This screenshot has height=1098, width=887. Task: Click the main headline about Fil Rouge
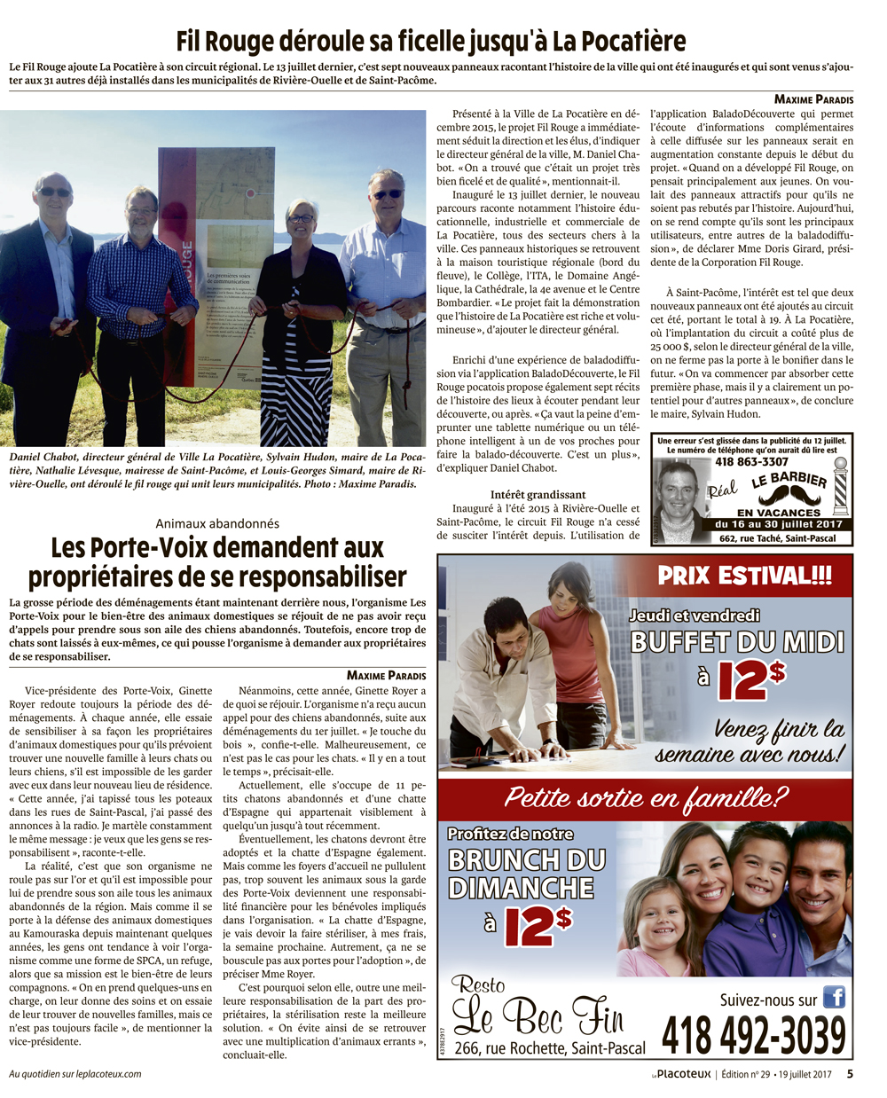(x=431, y=41)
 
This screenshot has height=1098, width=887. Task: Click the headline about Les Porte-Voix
(x=217, y=561)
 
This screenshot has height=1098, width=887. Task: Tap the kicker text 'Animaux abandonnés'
(x=217, y=524)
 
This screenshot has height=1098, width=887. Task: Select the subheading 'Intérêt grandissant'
(x=538, y=494)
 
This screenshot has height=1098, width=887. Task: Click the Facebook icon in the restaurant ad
(x=834, y=997)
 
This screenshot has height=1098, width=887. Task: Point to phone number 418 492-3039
(x=753, y=1035)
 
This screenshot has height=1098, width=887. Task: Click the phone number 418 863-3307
(x=751, y=461)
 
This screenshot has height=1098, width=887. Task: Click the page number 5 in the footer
(x=850, y=1074)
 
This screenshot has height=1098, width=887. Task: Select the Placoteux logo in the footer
(x=682, y=1075)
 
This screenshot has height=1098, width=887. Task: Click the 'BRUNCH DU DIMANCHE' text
(x=527, y=874)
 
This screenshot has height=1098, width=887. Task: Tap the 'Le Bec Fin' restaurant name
(x=538, y=1016)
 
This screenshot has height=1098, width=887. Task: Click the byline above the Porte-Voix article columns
(x=386, y=675)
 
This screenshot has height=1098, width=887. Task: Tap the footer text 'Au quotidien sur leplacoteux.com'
(x=75, y=1074)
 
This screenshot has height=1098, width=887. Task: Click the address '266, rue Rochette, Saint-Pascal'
(x=550, y=1049)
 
